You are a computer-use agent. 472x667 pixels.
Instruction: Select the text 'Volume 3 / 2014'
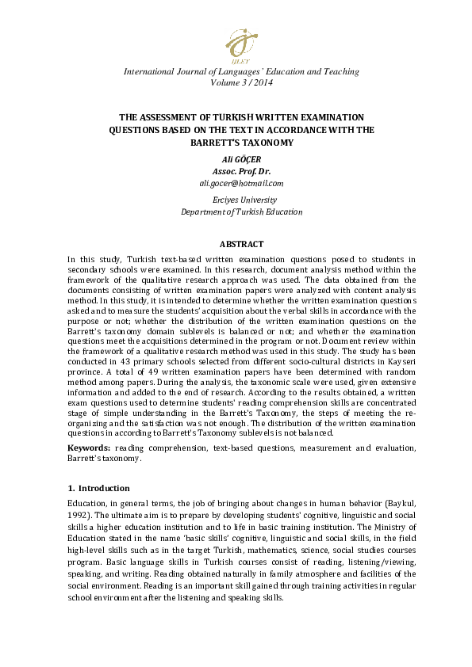(241, 82)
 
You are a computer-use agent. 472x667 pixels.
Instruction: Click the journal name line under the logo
(241, 72)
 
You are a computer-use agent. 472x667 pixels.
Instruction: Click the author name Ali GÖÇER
(241, 159)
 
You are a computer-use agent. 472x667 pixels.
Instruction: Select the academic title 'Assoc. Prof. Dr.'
(241, 171)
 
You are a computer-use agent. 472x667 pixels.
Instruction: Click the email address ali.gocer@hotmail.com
(241, 183)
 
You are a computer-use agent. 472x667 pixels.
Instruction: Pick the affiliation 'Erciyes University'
(241, 200)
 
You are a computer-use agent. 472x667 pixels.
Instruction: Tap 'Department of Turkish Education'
(241, 212)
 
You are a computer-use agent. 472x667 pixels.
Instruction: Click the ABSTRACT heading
(241, 245)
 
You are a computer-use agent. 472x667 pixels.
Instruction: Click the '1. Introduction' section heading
(99, 488)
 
